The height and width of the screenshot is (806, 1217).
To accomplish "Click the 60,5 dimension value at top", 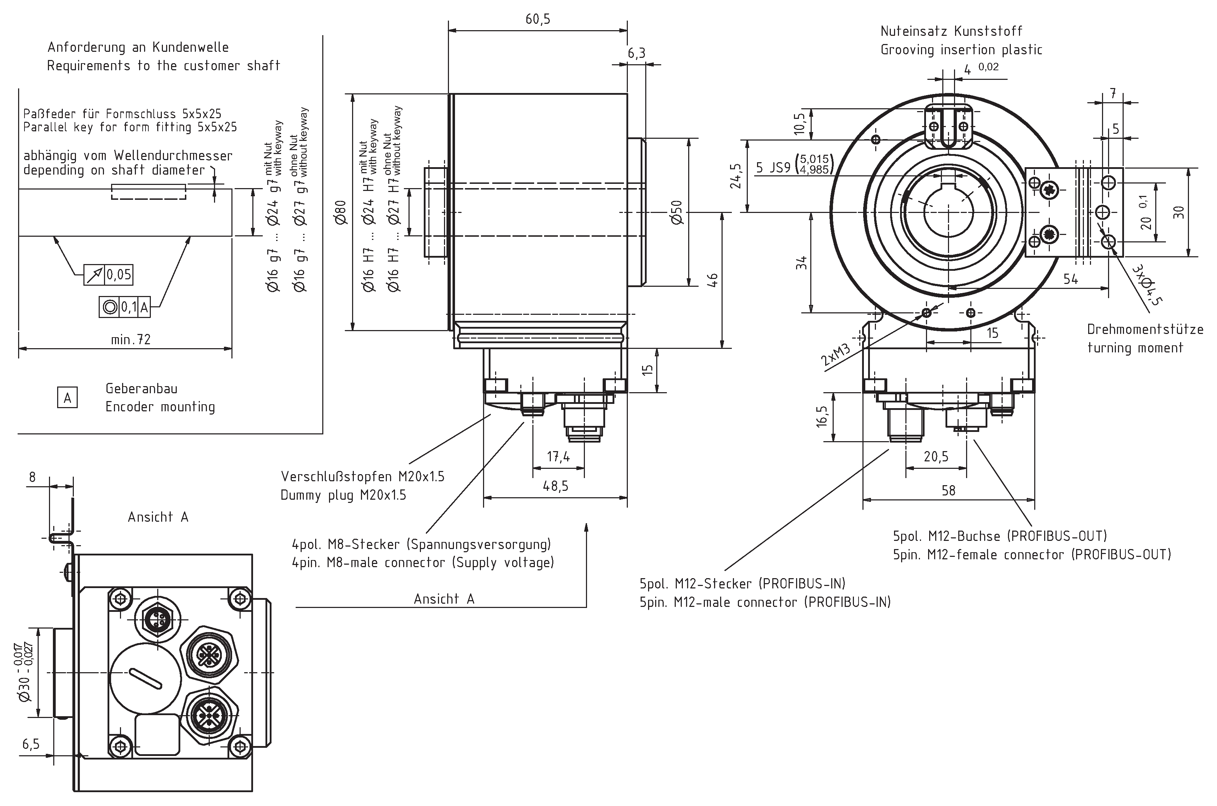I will [x=538, y=20].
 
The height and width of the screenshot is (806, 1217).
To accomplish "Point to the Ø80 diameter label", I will [x=341, y=212].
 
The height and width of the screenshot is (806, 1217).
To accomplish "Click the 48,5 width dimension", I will [x=555, y=486].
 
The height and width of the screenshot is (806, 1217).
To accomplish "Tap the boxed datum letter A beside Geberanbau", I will [x=67, y=398].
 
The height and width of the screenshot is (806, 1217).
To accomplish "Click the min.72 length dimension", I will [x=131, y=340].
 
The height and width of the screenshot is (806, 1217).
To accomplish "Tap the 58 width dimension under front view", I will [x=948, y=490].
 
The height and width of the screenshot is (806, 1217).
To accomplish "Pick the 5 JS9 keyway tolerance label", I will [x=773, y=168].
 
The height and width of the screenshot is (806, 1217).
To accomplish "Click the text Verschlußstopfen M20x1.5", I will [x=362, y=477].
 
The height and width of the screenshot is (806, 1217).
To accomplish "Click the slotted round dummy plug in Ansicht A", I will [x=146, y=679].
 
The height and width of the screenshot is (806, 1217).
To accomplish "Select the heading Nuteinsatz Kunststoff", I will [x=951, y=31].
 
